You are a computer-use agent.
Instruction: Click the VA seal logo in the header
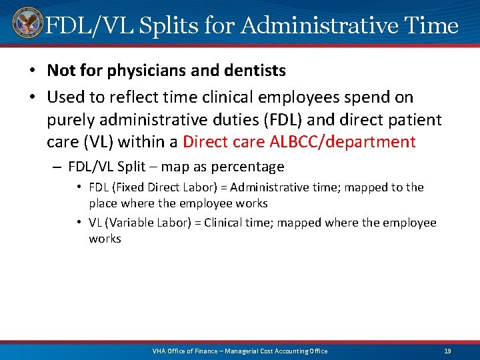point(27,24)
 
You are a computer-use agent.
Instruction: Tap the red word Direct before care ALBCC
point(205,141)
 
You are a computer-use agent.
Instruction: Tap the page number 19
point(447,351)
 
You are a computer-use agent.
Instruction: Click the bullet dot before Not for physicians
point(33,71)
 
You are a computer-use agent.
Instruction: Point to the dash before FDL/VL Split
point(55,167)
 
